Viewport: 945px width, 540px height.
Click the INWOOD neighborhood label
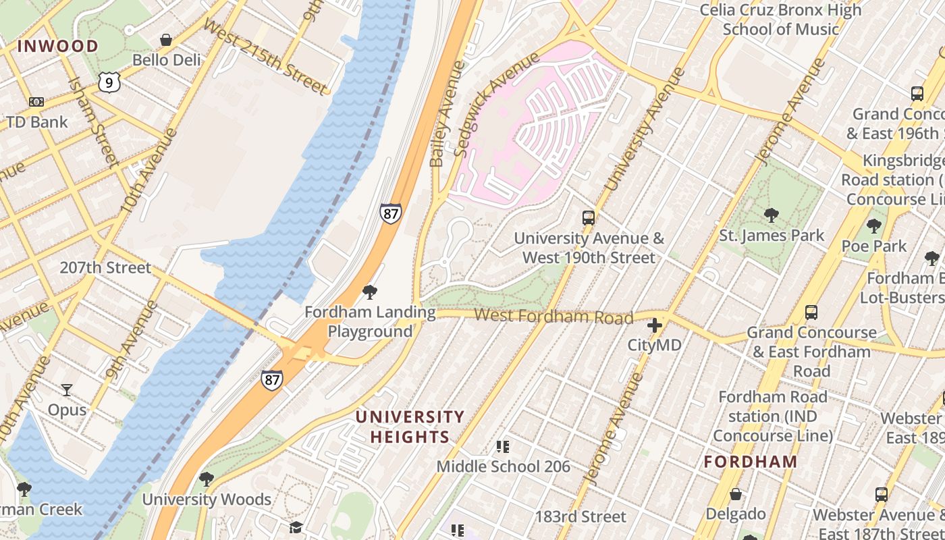pos(57,47)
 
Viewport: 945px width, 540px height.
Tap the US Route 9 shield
pos(109,82)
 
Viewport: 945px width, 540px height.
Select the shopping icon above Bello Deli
pos(166,40)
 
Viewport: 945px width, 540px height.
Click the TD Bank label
pos(37,122)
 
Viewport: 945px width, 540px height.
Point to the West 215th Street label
pos(265,57)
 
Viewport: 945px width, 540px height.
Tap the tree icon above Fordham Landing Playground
pos(369,292)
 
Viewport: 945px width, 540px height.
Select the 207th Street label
pos(105,267)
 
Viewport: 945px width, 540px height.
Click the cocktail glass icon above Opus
pos(66,389)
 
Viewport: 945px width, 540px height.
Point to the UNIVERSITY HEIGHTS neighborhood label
pos(410,427)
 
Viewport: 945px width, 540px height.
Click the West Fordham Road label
pos(553,316)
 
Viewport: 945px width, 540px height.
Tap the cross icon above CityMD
pos(654,326)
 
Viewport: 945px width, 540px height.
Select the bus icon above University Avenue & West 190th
pos(589,218)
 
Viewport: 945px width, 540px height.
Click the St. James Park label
pos(772,236)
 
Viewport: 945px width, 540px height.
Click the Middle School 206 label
pos(503,466)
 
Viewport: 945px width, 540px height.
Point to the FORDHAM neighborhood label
pos(751,462)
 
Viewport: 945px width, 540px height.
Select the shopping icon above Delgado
pos(736,495)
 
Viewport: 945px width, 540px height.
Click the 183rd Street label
pos(580,517)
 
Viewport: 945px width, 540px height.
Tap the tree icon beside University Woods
pos(207,479)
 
